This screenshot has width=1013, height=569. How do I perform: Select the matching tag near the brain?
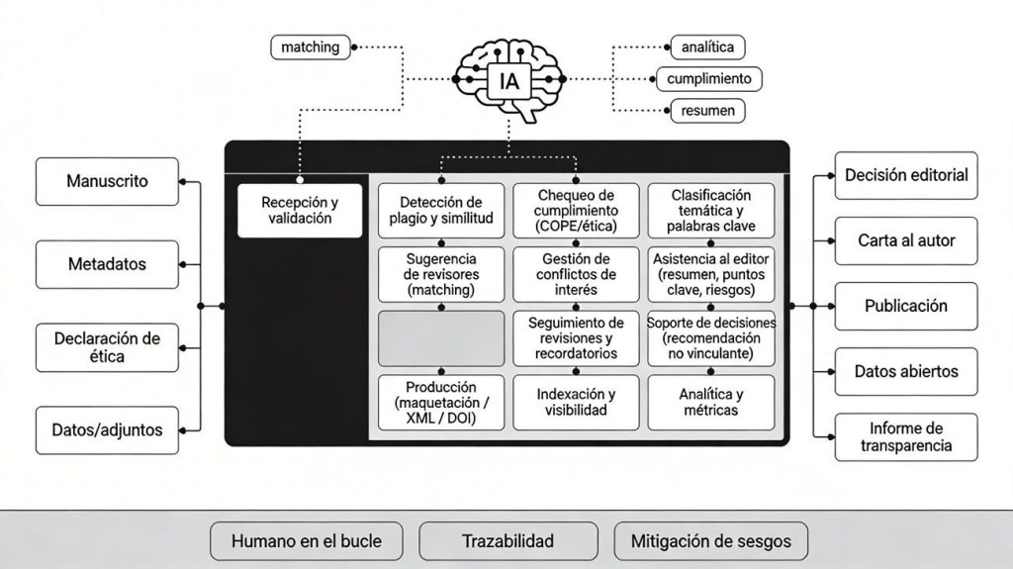click(x=310, y=47)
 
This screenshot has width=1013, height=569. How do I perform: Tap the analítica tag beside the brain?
click(x=707, y=47)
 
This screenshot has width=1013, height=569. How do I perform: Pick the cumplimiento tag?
click(x=708, y=78)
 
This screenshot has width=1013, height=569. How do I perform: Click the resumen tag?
click(x=707, y=110)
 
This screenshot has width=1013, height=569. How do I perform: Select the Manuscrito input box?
click(x=107, y=181)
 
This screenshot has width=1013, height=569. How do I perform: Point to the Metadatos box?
click(x=107, y=264)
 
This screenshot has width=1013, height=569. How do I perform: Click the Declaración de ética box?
click(x=107, y=346)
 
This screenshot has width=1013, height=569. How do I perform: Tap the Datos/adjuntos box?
click(x=107, y=429)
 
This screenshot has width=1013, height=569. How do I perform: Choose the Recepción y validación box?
click(x=300, y=210)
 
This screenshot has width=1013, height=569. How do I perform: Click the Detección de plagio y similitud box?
click(x=441, y=210)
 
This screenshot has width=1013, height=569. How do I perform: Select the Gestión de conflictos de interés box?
click(x=576, y=274)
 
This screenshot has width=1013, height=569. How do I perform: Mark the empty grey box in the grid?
click(x=441, y=338)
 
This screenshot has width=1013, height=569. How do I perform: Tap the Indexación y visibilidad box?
click(x=576, y=402)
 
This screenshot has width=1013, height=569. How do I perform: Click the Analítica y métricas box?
click(x=710, y=402)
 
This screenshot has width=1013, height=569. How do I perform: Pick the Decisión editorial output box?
click(x=905, y=175)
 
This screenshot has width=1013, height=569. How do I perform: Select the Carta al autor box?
click(x=905, y=240)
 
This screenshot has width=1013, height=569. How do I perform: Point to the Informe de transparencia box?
click(x=905, y=436)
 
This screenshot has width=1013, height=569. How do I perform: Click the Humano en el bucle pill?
click(x=306, y=541)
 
